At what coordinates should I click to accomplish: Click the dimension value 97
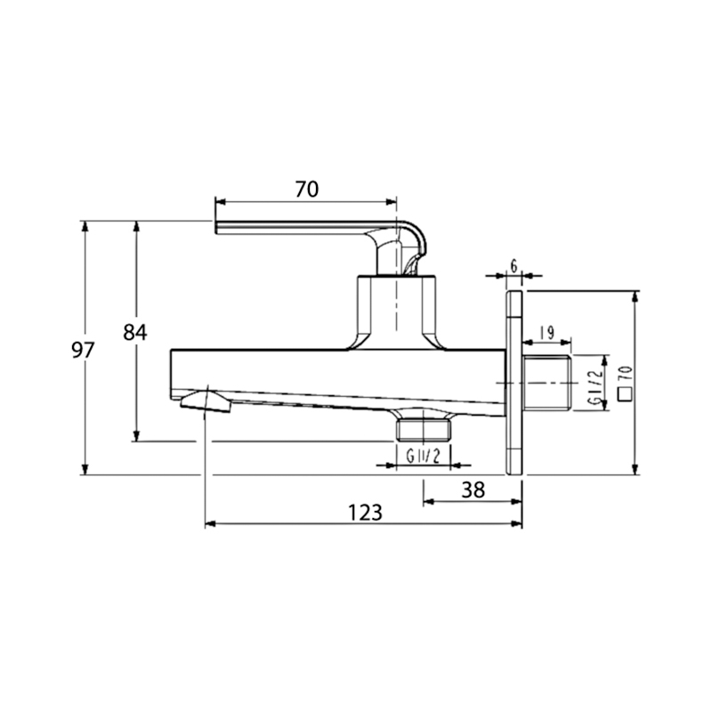coord(83,350)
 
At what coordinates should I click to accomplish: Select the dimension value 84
coord(135,333)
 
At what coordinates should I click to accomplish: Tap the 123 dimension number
coord(365,513)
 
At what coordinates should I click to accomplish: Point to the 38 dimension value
coord(473,490)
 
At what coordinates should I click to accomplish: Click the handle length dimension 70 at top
coord(307,190)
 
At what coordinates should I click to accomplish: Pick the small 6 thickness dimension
coord(514,266)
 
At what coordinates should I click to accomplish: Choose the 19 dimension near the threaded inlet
coord(547,333)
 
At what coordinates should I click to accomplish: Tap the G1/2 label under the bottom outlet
coord(424,456)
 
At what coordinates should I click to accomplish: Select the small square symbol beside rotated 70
coord(626,394)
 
